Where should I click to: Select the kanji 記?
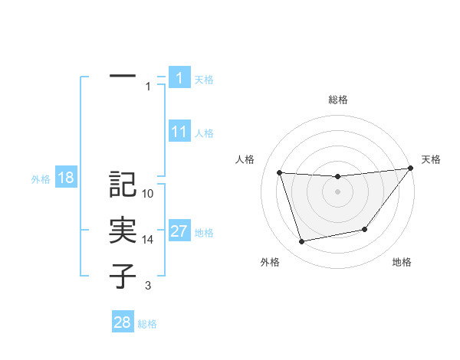[x=123, y=184]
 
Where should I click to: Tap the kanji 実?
[x=123, y=230]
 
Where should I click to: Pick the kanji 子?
[x=123, y=276]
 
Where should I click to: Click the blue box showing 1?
[x=179, y=78]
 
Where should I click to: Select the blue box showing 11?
[x=179, y=132]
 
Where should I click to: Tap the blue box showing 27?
[x=179, y=232]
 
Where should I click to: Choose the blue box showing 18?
[x=65, y=178]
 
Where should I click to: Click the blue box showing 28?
[x=122, y=322]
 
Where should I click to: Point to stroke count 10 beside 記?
[x=148, y=194]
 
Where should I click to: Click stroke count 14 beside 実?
[x=148, y=240]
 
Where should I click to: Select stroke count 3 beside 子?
[x=148, y=286]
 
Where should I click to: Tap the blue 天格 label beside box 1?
[x=204, y=79]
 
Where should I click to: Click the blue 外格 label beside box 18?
[x=41, y=179]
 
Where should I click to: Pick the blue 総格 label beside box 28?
[x=147, y=323]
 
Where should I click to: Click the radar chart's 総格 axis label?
[x=338, y=100]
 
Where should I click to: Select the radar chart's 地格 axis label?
[x=402, y=262]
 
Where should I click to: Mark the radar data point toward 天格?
[x=411, y=169]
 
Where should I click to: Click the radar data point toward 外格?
[x=302, y=242]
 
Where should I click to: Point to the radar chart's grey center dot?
[x=337, y=191]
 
